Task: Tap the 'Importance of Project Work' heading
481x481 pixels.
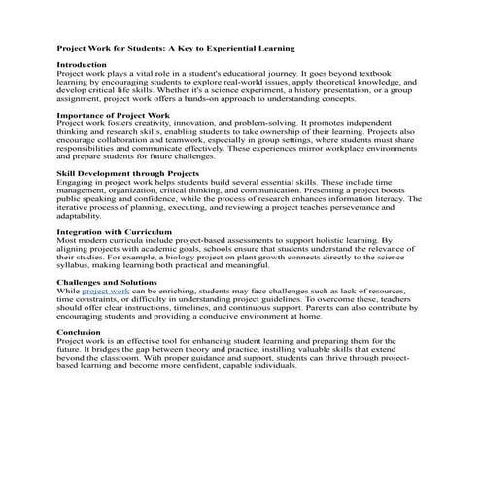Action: pos(114,116)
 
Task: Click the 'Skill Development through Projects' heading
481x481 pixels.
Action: pos(128,173)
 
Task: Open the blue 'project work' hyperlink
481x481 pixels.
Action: pos(106,291)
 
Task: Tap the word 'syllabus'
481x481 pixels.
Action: pos(75,266)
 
